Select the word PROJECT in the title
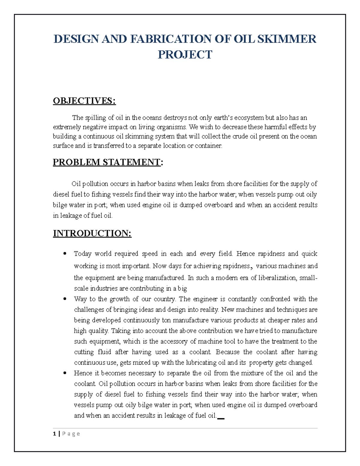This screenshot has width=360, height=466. (x=185, y=55)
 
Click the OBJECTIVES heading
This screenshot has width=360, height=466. (x=84, y=101)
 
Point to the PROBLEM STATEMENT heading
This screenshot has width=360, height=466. (x=107, y=162)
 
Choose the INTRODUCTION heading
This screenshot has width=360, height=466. (x=92, y=233)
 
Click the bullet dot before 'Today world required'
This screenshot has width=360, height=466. (x=64, y=254)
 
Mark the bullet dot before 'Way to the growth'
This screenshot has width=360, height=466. (x=64, y=299)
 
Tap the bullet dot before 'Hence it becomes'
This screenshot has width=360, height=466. (x=64, y=373)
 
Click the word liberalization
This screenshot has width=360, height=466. (x=277, y=278)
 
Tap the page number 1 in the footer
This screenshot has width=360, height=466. (x=55, y=434)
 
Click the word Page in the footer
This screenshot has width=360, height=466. (x=71, y=434)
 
